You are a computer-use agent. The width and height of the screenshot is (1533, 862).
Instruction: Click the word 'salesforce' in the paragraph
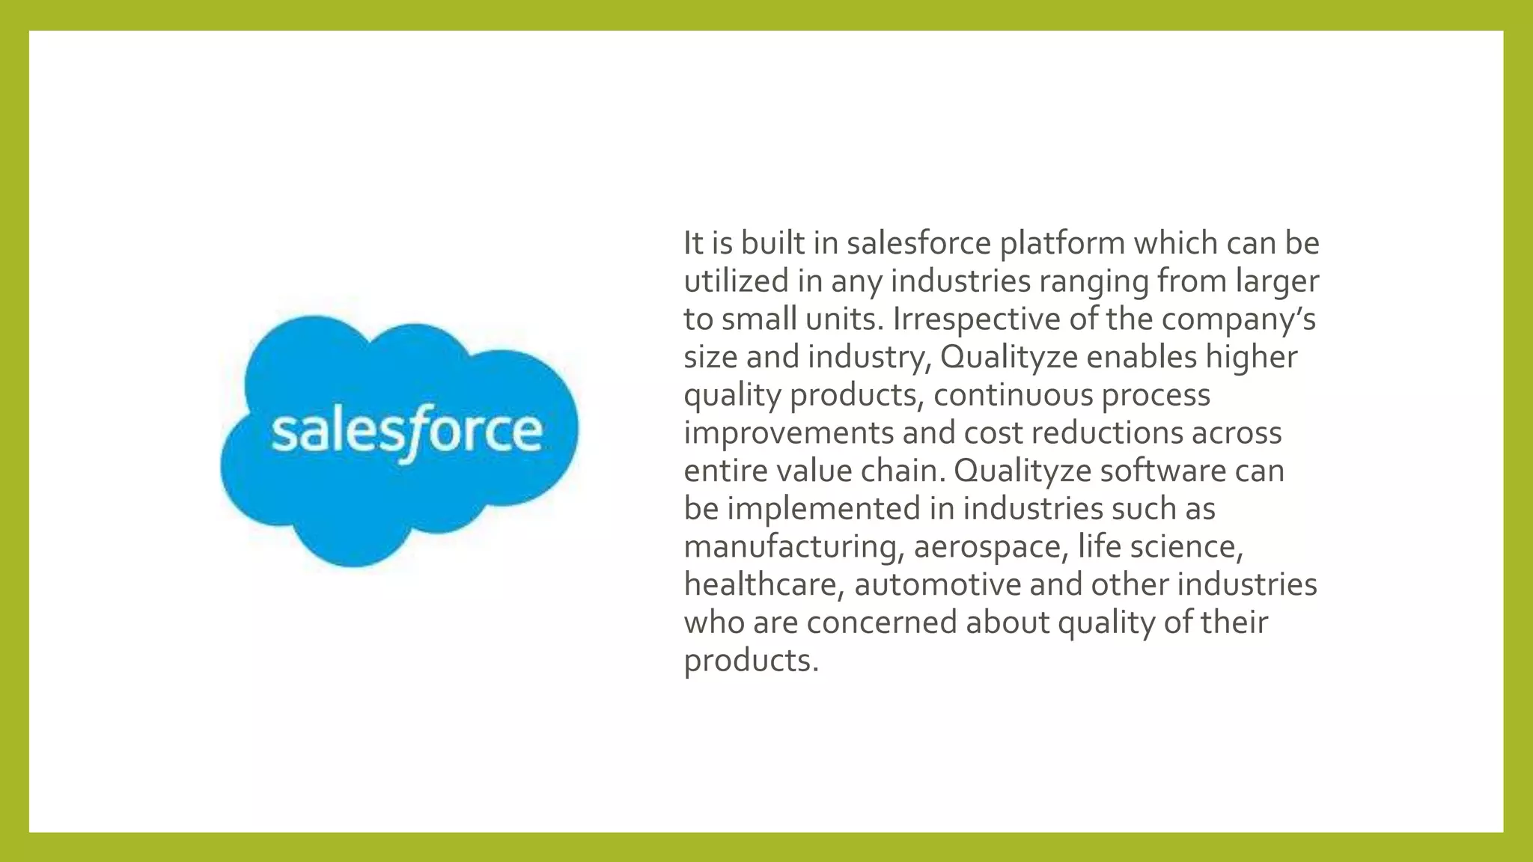[918, 243]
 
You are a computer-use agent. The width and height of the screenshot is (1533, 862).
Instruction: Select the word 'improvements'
[789, 433]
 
